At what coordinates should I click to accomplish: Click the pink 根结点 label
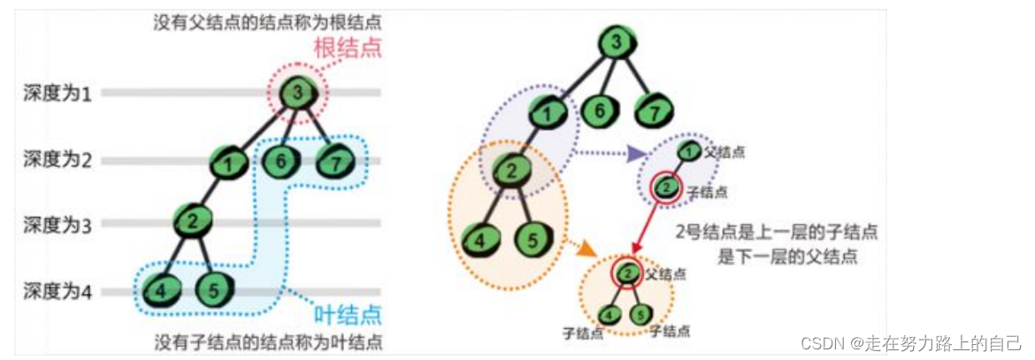tap(348, 48)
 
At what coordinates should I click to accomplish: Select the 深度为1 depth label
tap(57, 92)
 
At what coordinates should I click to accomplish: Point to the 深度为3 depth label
tap(57, 225)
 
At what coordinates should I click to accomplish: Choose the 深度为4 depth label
tap(57, 291)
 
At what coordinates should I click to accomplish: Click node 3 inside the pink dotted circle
tap(298, 92)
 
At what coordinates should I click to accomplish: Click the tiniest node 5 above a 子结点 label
tap(643, 314)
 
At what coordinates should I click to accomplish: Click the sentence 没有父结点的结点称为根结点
tap(269, 21)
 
